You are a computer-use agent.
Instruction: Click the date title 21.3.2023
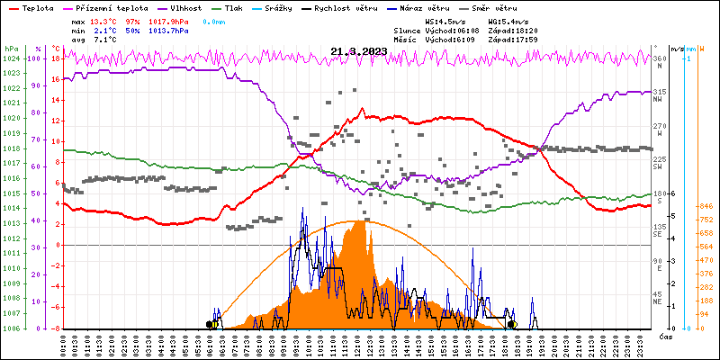click(x=358, y=51)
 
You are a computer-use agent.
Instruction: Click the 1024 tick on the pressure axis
click(x=11, y=58)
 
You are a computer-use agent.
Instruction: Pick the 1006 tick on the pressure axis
click(x=11, y=328)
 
